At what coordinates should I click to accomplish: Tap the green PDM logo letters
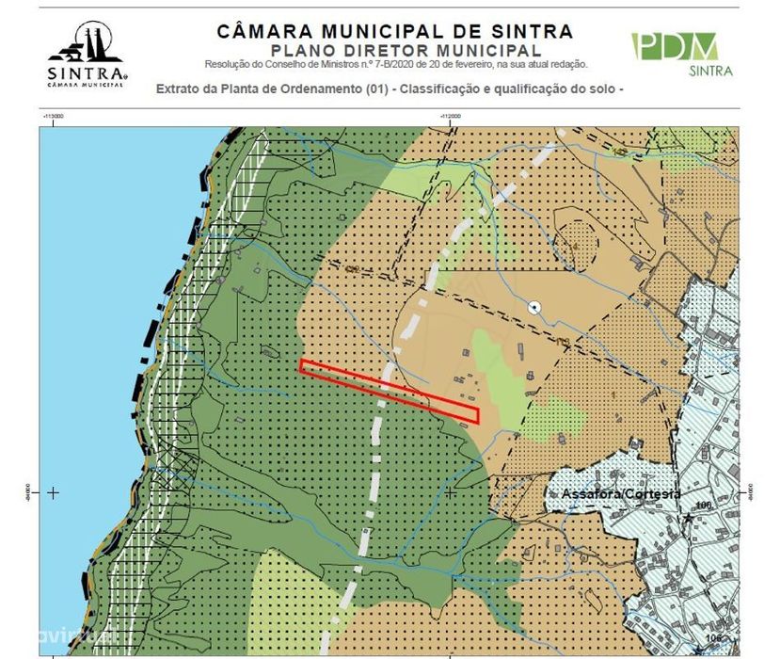[x=675, y=46]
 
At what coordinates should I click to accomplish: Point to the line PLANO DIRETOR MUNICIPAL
[x=405, y=50]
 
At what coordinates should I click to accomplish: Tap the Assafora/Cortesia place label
[x=621, y=493]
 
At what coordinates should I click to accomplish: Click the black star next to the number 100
[x=690, y=518]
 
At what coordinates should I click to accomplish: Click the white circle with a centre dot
[x=535, y=306]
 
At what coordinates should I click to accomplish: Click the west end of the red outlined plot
[x=303, y=365]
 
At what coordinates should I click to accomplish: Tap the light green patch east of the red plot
[x=500, y=377]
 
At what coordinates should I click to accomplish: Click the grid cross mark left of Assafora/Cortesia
[x=451, y=491]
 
